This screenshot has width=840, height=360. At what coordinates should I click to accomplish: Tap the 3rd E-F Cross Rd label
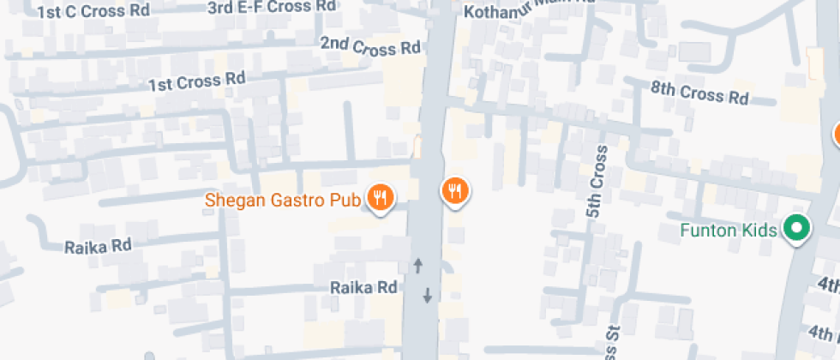tap(272, 6)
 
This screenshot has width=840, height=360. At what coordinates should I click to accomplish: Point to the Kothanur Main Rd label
tap(528, 9)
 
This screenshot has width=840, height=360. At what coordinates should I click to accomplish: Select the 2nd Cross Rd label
tap(370, 46)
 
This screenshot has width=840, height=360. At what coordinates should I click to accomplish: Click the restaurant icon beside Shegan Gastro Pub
tap(380, 198)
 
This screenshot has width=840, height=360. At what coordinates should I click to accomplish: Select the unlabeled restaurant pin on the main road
tap(455, 191)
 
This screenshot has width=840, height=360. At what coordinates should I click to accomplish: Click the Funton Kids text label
tap(729, 230)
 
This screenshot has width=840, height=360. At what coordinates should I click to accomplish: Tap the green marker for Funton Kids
tap(798, 229)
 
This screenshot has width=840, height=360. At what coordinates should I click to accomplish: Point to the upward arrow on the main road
tap(418, 265)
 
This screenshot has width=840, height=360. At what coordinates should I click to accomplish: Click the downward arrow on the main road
tap(427, 296)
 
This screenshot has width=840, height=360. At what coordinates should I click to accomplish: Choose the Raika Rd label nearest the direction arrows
tap(364, 287)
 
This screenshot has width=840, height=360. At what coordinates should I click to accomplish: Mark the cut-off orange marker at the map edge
tap(836, 135)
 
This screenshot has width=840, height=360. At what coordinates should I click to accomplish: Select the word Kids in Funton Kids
tap(759, 230)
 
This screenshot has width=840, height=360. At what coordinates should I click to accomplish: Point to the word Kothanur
tap(498, 10)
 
